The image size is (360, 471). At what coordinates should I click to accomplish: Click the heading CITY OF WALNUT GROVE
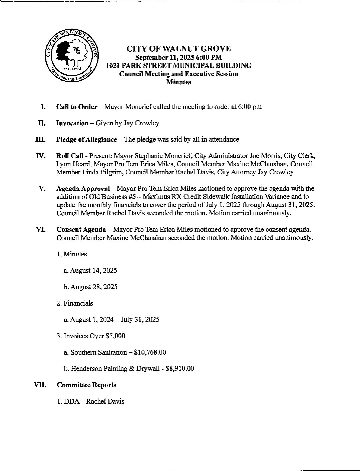178,49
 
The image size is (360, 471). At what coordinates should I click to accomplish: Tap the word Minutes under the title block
178,82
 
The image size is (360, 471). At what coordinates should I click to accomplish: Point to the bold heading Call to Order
77,107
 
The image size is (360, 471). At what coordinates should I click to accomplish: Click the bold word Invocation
72,123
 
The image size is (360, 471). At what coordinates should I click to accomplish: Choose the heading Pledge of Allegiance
87,139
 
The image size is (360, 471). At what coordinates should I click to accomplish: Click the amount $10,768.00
150,352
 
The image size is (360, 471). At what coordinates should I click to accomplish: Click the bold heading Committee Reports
87,385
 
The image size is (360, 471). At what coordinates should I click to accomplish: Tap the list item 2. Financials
75,303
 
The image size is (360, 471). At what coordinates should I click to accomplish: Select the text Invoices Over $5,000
91,336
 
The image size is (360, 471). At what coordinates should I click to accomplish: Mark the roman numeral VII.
40,385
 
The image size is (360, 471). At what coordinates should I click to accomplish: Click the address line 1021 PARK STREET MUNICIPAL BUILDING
178,65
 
